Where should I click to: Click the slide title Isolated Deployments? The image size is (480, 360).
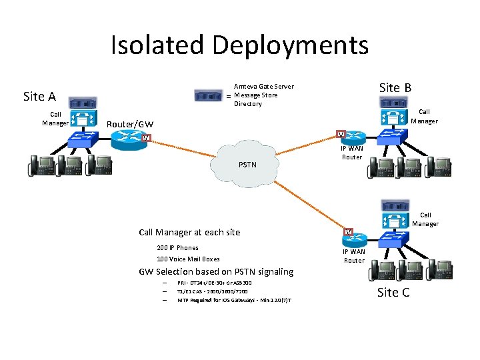coord(239,45)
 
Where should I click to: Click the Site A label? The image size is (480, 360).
coord(39,97)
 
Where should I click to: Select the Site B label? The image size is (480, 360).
coord(395,87)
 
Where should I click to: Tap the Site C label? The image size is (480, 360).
coord(393,292)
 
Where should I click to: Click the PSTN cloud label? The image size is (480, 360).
coord(247,164)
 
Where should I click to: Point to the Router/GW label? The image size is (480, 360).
coord(130,125)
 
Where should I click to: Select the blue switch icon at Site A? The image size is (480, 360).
coord(83,139)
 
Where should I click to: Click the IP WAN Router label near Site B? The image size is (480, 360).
coord(351,153)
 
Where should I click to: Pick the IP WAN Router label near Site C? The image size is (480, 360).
coord(353,256)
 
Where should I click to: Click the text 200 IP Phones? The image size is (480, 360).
coord(177,248)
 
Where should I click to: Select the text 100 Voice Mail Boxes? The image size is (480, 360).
coord(188,259)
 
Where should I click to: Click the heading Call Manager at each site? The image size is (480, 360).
coord(189,233)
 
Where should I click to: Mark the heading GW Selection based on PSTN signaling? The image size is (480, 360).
coord(215,271)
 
